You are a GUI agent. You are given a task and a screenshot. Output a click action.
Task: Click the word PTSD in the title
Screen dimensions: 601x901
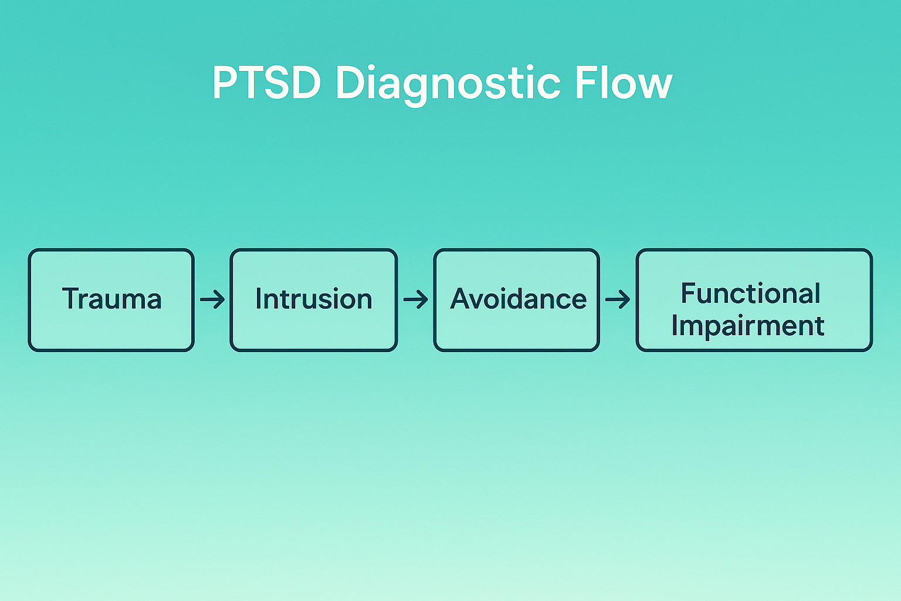[266, 83]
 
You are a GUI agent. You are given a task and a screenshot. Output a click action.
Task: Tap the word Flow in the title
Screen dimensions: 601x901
[623, 83]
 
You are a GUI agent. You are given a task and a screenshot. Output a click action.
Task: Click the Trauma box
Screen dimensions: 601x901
[111, 300]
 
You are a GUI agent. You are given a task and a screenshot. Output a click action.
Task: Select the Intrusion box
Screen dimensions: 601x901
[313, 300]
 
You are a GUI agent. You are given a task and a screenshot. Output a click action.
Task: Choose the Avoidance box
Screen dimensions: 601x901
[516, 300]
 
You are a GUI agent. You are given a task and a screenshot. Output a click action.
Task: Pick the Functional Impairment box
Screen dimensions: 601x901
[754, 300]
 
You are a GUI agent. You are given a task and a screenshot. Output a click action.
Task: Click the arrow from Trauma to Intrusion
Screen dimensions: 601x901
[212, 300]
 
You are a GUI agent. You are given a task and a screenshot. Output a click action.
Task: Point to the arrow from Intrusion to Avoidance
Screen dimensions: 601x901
[415, 300]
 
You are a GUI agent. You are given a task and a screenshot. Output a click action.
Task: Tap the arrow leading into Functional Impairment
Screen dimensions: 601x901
[618, 300]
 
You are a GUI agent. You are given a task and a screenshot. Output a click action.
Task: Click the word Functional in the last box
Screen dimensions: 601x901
[750, 293]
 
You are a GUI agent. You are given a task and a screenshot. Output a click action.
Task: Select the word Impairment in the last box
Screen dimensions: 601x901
[748, 326]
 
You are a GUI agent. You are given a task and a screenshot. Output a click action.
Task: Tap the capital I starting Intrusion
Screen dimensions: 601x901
[259, 298]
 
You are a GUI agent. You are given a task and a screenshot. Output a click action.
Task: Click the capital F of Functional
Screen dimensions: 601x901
[689, 293]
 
